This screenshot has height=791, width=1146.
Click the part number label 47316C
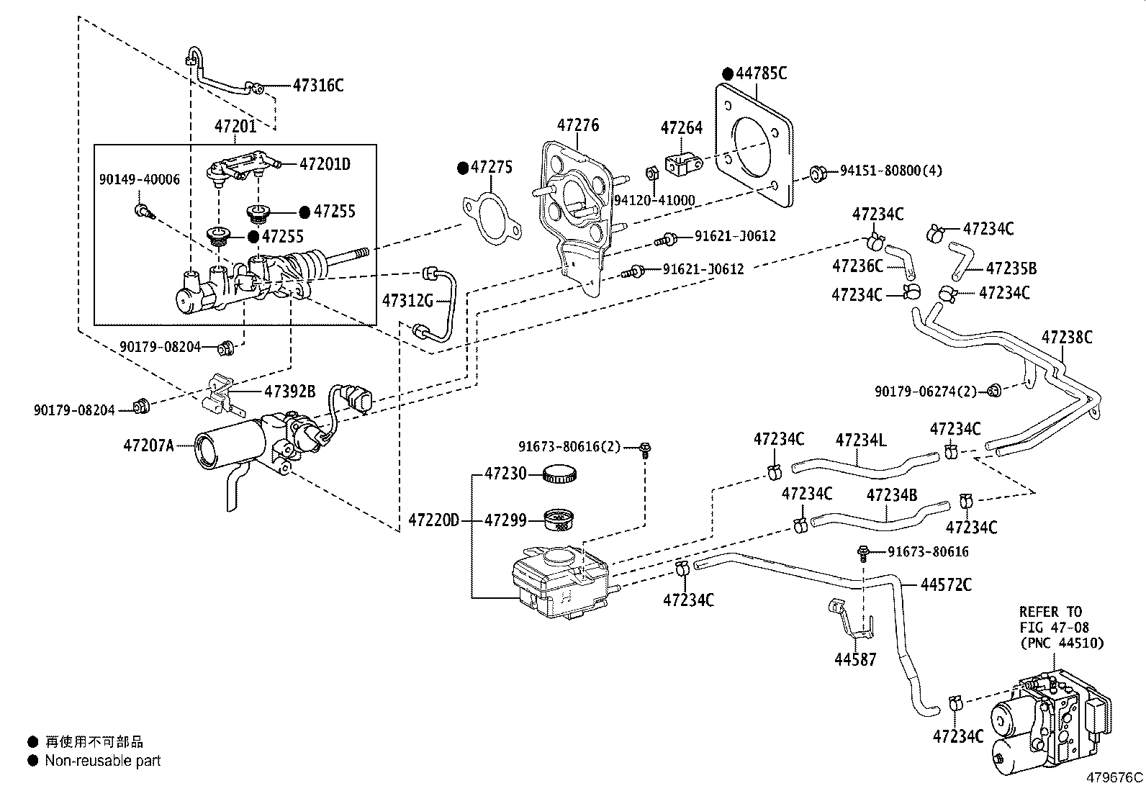tap(318, 86)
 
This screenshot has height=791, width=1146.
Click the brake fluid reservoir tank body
tap(558, 583)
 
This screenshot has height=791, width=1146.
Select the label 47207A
tap(148, 446)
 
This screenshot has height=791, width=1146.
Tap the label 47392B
tap(289, 392)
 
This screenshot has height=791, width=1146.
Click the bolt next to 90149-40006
tap(141, 211)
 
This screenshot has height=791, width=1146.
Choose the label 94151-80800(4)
tap(890, 171)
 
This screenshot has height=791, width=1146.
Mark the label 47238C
tap(1067, 337)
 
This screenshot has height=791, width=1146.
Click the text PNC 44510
tap(1060, 643)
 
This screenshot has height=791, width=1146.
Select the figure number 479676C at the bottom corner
tap(1114, 778)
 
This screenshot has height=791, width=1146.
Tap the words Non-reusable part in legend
tap(103, 761)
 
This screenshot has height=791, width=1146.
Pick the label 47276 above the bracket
tap(577, 125)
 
